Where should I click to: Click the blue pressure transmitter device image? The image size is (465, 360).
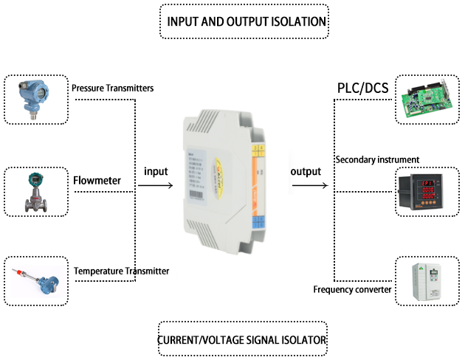pyautogui.click(x=34, y=95)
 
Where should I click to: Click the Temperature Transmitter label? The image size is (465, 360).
pyautogui.click(x=121, y=271)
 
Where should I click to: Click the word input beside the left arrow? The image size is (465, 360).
pyautogui.click(x=156, y=171)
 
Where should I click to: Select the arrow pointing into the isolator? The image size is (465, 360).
pyautogui.click(x=156, y=186)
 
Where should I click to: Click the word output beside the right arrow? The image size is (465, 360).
pyautogui.click(x=306, y=171)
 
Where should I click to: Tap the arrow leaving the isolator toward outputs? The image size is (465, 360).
pyautogui.click(x=309, y=186)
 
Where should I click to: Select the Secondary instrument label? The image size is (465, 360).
pyautogui.click(x=376, y=159)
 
